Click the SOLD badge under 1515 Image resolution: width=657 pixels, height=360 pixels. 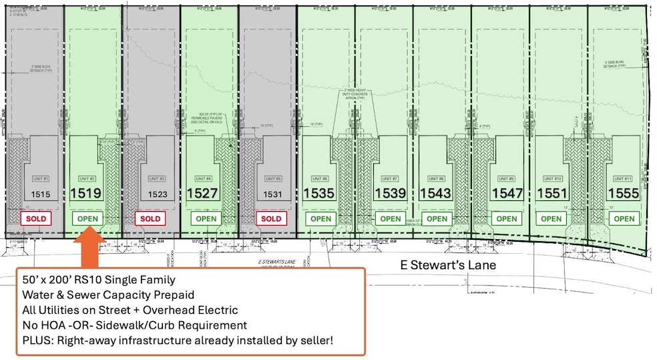click(35, 218)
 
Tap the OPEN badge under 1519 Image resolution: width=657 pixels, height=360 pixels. click(89, 218)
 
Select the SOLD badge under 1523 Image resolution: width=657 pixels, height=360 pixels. click(150, 218)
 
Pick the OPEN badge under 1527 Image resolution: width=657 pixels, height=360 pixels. click(206, 218)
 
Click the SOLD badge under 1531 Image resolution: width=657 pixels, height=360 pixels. click(271, 218)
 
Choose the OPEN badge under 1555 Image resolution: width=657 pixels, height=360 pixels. click(624, 218)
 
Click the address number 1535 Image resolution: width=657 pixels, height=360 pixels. click(319, 194)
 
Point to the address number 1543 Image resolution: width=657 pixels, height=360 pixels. click(435, 194)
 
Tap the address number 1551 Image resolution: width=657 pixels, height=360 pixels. click(552, 194)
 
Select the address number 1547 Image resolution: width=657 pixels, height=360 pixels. click(507, 194)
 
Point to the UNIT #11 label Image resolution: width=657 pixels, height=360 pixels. click(622, 179)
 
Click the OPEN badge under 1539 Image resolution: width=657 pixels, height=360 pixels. click(391, 218)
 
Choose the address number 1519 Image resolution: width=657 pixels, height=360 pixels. click(86, 194)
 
